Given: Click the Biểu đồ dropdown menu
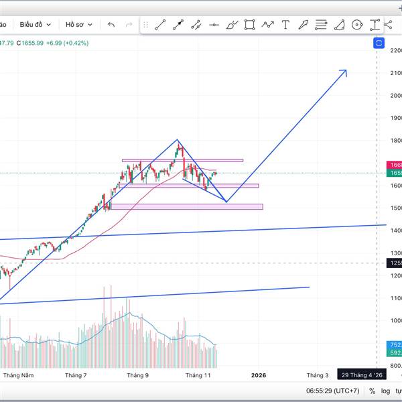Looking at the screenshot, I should click(35, 25).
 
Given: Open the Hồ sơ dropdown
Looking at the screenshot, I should click(78, 25).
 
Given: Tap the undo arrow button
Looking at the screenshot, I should click(111, 25).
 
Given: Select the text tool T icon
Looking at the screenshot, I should click(285, 25).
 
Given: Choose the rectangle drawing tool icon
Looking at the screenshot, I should click(249, 25).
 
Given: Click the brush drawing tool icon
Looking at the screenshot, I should click(232, 25).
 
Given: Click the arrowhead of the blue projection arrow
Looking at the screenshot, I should click(344, 71).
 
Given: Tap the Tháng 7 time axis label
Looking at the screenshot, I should click(76, 376).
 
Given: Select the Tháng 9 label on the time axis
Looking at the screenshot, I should click(137, 376).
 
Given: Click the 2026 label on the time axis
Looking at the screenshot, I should click(258, 376).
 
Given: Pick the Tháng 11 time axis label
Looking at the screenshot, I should click(198, 376).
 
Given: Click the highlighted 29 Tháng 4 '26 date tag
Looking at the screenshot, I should click(362, 376).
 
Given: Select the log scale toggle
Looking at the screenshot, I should click(386, 391).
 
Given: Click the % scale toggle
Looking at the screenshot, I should click(372, 391).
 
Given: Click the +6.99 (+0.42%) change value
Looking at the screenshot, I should click(69, 43).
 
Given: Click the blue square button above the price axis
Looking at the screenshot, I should click(379, 43).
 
